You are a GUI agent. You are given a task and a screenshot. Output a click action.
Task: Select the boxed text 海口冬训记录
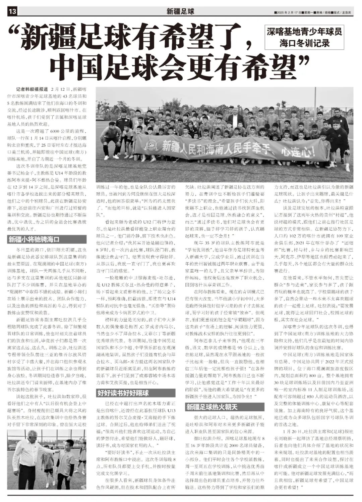305,43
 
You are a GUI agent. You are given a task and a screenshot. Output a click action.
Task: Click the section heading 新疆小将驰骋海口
34,239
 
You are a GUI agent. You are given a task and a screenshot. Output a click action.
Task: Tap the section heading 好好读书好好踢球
123,393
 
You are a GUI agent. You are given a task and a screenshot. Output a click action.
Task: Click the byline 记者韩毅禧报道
32,89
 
